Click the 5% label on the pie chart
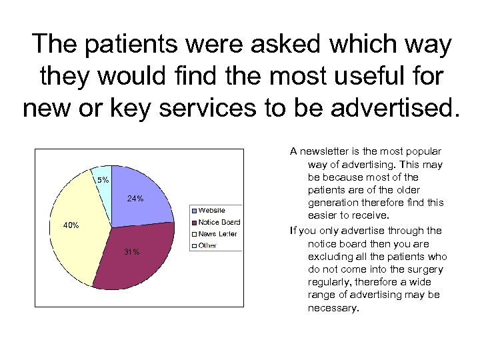tap(103, 180)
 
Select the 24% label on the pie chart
tap(135, 199)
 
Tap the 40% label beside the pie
tap(71, 225)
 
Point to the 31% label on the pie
tap(131, 251)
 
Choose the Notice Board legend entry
tap(219, 222)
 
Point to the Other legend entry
tap(207, 245)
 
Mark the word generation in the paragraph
tap(334, 203)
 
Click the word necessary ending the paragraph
tap(333, 308)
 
